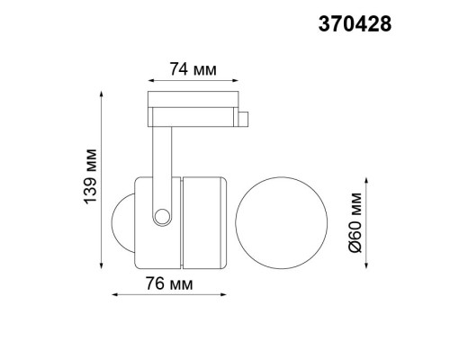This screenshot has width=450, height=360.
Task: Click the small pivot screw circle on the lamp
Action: (160, 217)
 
